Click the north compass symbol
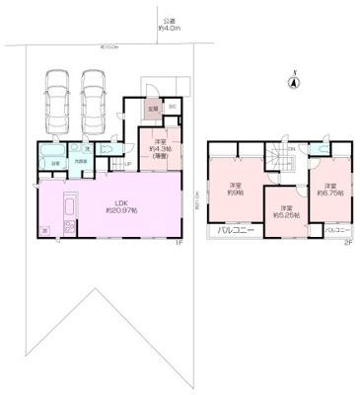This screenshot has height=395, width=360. [293, 84]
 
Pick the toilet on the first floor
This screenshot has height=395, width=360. [93, 151]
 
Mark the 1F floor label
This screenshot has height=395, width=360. [179, 242]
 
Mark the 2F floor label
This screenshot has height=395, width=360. [346, 242]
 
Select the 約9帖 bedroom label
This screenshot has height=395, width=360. [236, 190]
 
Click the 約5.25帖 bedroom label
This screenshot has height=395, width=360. [285, 211]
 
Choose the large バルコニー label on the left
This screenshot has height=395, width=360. [236, 231]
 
